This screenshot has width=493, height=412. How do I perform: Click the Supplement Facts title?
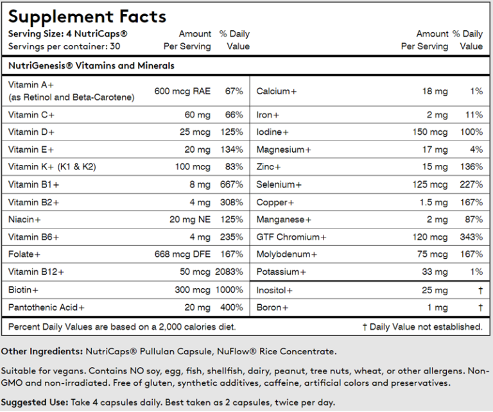pos(87,16)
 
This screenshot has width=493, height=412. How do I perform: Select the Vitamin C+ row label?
pos(31,115)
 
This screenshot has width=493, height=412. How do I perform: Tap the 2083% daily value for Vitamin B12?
pos(230,272)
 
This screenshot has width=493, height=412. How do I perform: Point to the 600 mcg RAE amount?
pos(182,91)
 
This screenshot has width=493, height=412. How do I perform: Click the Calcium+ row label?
pos(277,92)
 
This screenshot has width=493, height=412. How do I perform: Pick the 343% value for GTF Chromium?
pos(471,237)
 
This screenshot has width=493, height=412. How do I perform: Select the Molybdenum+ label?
pos(286,255)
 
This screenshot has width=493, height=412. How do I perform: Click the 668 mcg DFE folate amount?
pos(182,255)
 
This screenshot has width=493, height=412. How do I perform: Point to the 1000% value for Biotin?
pos(230,290)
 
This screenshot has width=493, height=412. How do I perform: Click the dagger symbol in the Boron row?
pos(480,307)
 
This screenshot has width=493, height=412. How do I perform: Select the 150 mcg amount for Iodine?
pos(430,132)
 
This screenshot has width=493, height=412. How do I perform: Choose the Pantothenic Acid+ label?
pos(46,307)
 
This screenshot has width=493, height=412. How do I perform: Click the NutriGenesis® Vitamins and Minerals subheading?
pos(91,65)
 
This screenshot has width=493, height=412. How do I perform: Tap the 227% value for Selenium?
pos(471,185)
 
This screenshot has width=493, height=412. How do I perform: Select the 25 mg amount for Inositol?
pos(436,290)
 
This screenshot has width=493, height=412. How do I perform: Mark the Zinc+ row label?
pos(269,167)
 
